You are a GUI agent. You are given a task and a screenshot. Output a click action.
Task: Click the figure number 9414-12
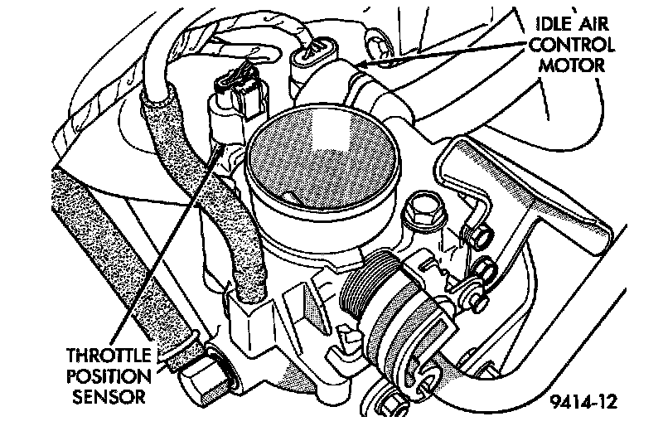click(x=582, y=403)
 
